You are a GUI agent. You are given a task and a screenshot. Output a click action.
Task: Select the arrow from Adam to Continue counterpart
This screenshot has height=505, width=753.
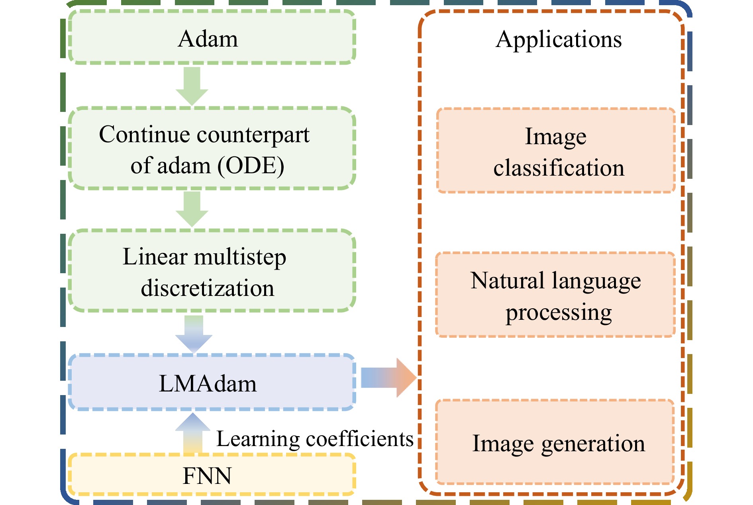coord(192,86)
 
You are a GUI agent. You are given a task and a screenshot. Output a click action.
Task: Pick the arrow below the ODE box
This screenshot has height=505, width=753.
coord(192,209)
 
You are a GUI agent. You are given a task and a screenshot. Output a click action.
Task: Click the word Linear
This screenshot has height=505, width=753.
coord(155,257)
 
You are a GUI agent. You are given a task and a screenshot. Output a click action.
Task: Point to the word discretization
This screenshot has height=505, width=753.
coord(207,288)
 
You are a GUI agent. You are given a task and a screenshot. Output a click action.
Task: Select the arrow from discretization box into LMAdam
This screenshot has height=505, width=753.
coord(194,334)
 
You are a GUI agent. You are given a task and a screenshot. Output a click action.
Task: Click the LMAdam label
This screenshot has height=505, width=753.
coord(208,384)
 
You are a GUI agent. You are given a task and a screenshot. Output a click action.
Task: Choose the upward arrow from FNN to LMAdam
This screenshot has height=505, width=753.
coord(193,433)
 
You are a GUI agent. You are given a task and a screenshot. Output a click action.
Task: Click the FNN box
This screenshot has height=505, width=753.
coord(212,475)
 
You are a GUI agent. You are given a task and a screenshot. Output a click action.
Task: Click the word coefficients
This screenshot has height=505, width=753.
coord(359,439)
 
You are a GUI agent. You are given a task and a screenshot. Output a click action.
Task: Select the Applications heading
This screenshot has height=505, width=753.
coord(559,39)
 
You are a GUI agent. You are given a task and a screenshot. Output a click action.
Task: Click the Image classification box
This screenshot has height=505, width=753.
coord(556,151)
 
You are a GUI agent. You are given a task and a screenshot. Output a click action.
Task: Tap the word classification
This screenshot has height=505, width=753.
coord(559,168)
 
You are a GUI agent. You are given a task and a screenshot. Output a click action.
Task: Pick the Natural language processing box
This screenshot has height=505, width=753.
coord(555,295)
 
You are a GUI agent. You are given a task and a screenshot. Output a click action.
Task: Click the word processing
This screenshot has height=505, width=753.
coord(559,313)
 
